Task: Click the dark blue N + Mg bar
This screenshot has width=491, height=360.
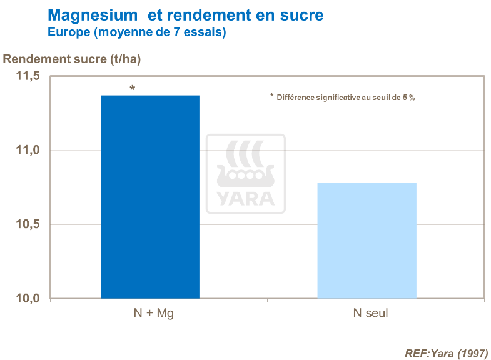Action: point(150,197)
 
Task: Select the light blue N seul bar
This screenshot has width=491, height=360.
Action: point(367,241)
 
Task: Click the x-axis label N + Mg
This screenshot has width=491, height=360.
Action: point(150,313)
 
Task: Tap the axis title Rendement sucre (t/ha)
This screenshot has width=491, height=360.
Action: point(73,59)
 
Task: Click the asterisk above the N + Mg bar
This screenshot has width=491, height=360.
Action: point(132,89)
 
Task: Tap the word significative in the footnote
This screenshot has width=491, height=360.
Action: point(342,97)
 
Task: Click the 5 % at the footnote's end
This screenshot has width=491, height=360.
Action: point(409,97)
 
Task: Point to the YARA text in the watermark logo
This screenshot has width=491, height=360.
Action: point(246,198)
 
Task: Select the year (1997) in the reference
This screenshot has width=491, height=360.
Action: point(471,353)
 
